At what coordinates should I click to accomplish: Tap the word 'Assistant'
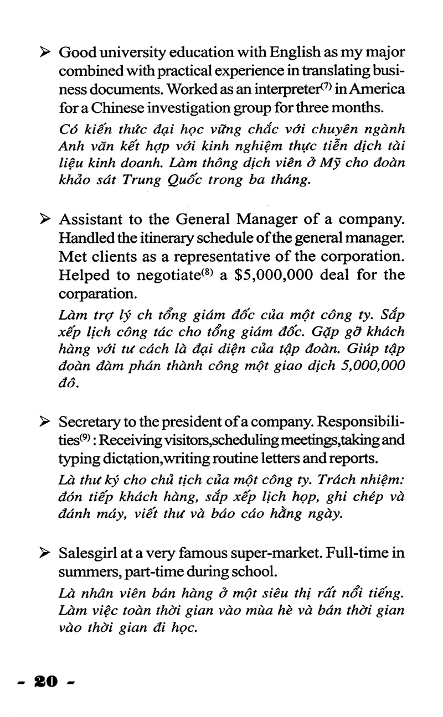(x=88, y=219)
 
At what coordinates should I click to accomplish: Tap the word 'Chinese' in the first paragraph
(x=106, y=106)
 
